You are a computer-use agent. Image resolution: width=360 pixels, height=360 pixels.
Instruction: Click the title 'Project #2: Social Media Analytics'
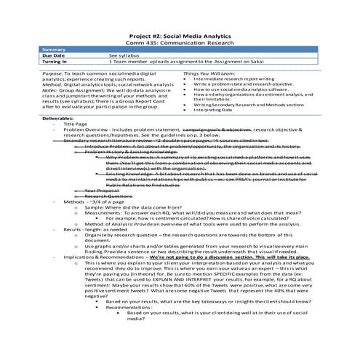pyautogui.click(x=180, y=36)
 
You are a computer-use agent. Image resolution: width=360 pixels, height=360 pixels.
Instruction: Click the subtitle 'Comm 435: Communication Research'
pyautogui.click(x=180, y=43)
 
